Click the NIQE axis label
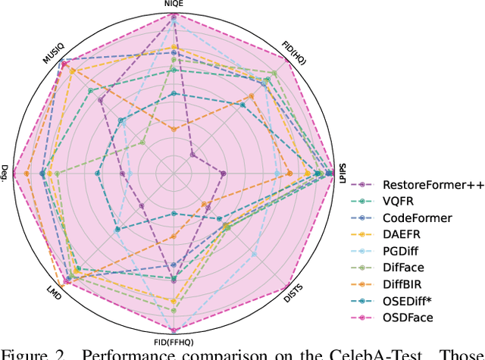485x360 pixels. coord(174,4)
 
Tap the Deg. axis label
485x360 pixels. coord(5,174)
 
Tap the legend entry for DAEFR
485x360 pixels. coord(401,234)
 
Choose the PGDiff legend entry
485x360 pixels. coord(402,251)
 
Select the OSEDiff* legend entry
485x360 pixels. coord(407,301)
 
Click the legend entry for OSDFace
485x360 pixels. coord(408,318)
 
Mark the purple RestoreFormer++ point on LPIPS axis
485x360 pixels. coord(223,175)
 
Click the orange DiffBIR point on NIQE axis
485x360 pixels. coord(174,130)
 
